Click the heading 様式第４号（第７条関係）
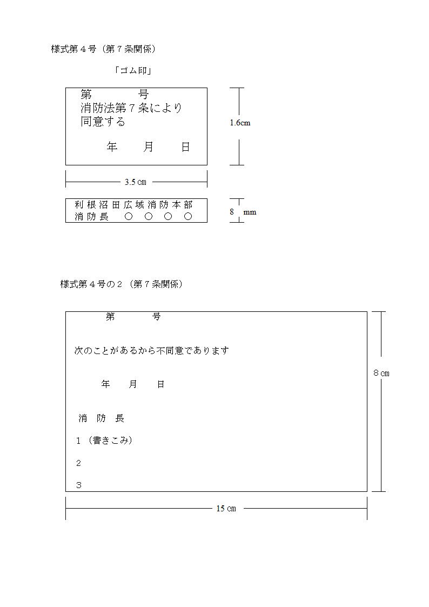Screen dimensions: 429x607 click(x=103, y=49)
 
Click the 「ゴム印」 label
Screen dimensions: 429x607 click(x=133, y=70)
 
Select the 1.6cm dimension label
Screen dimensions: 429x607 click(x=240, y=123)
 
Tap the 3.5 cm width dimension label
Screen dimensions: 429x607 click(x=136, y=182)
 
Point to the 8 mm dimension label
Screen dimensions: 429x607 click(x=243, y=212)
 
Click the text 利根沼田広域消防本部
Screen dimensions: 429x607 click(x=133, y=205)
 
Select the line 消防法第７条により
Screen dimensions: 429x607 click(x=131, y=108)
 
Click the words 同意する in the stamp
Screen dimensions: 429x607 click(x=103, y=122)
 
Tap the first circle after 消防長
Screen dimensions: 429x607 click(x=129, y=216)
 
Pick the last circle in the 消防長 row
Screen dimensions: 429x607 click(x=188, y=216)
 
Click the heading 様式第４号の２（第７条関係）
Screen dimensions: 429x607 click(x=121, y=284)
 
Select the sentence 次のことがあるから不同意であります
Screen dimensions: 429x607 click(x=152, y=351)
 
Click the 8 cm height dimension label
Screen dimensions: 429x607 click(x=381, y=373)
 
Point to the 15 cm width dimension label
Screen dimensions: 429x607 click(x=226, y=508)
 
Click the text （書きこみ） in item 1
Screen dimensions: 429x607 click(x=110, y=440)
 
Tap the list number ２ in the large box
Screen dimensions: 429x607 click(x=78, y=463)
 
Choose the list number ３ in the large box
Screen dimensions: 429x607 click(x=78, y=485)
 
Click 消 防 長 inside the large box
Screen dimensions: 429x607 click(x=102, y=418)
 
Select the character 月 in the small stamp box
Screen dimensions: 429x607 click(x=148, y=146)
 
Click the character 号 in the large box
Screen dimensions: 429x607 click(x=156, y=317)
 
